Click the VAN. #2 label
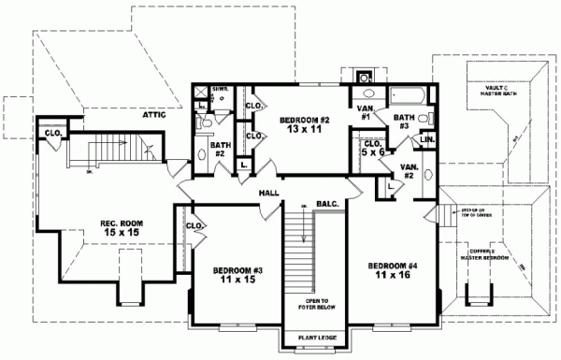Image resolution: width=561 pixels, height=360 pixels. [x=409, y=170]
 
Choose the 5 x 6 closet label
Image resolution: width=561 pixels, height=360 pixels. [x=371, y=148]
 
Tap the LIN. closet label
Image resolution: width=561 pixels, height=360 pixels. [x=427, y=139]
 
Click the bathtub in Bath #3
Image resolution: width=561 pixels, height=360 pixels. [x=408, y=94]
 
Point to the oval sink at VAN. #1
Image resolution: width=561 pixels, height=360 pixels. [x=366, y=94]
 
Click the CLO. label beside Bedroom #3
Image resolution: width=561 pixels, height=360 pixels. [x=194, y=225]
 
